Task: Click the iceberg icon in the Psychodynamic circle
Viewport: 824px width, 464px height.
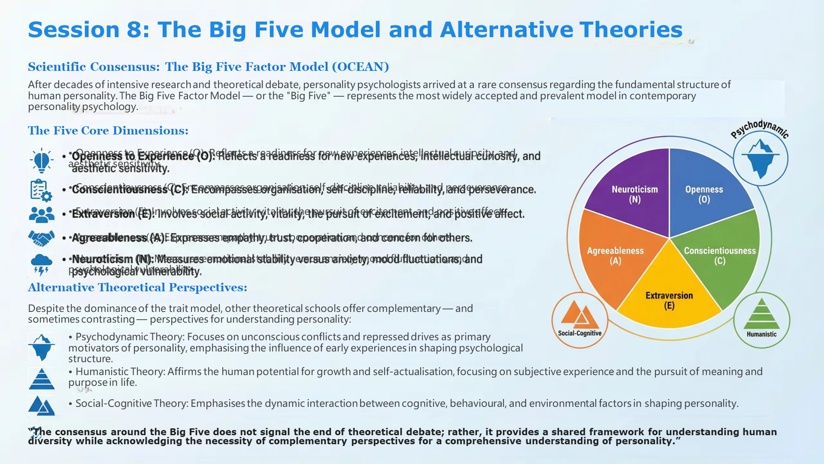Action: click(760, 158)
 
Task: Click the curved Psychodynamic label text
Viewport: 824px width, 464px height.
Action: click(759, 128)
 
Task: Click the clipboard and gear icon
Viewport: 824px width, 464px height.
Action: click(41, 190)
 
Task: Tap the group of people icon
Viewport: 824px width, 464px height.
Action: click(42, 214)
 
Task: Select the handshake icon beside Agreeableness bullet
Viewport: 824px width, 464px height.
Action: click(41, 238)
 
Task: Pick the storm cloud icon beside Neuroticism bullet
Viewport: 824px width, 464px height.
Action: click(42, 263)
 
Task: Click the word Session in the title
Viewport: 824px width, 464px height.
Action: click(73, 30)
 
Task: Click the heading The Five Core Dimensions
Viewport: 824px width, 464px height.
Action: click(108, 131)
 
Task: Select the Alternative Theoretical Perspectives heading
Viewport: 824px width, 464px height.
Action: click(137, 287)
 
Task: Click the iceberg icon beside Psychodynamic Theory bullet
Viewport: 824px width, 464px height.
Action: click(42, 347)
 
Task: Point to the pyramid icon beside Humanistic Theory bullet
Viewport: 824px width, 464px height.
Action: click(42, 379)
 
